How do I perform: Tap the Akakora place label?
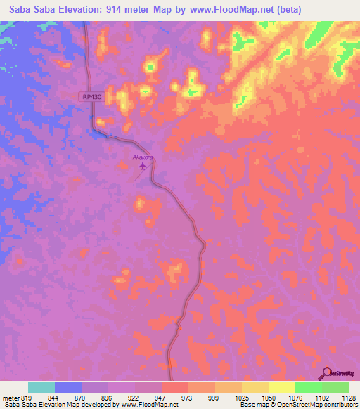143,158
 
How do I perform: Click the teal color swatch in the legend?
41,387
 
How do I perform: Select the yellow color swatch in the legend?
282,387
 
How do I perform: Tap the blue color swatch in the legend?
68,387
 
